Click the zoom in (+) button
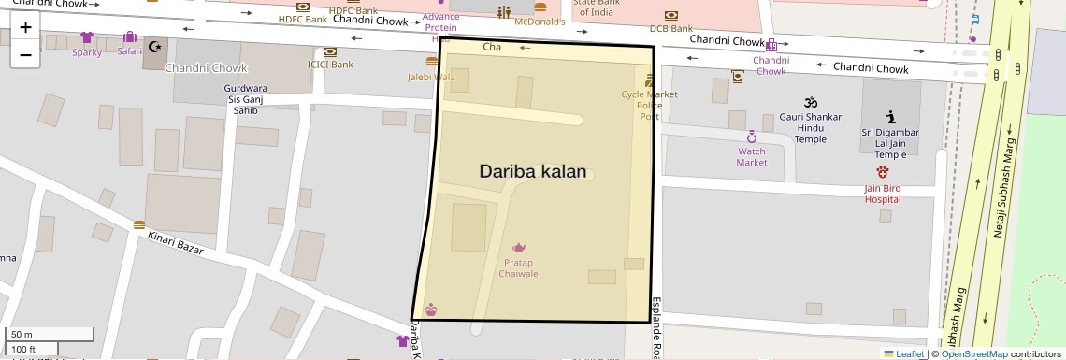25,27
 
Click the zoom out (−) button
25,54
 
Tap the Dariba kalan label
533,171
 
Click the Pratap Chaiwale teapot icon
519,248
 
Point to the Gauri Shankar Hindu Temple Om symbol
811,102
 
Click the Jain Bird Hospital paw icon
883,172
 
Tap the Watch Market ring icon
751,137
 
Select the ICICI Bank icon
330,51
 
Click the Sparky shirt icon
87,37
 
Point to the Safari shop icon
129,37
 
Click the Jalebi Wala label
431,78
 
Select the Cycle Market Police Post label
649,105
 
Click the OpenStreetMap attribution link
973,353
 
